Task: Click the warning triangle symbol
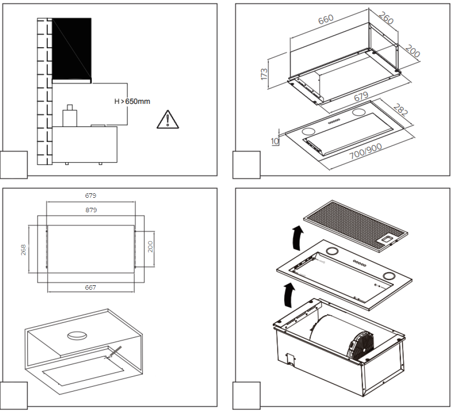(167, 119)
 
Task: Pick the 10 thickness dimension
(275, 141)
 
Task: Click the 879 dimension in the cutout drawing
(91, 210)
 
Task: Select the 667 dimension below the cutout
(90, 287)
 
